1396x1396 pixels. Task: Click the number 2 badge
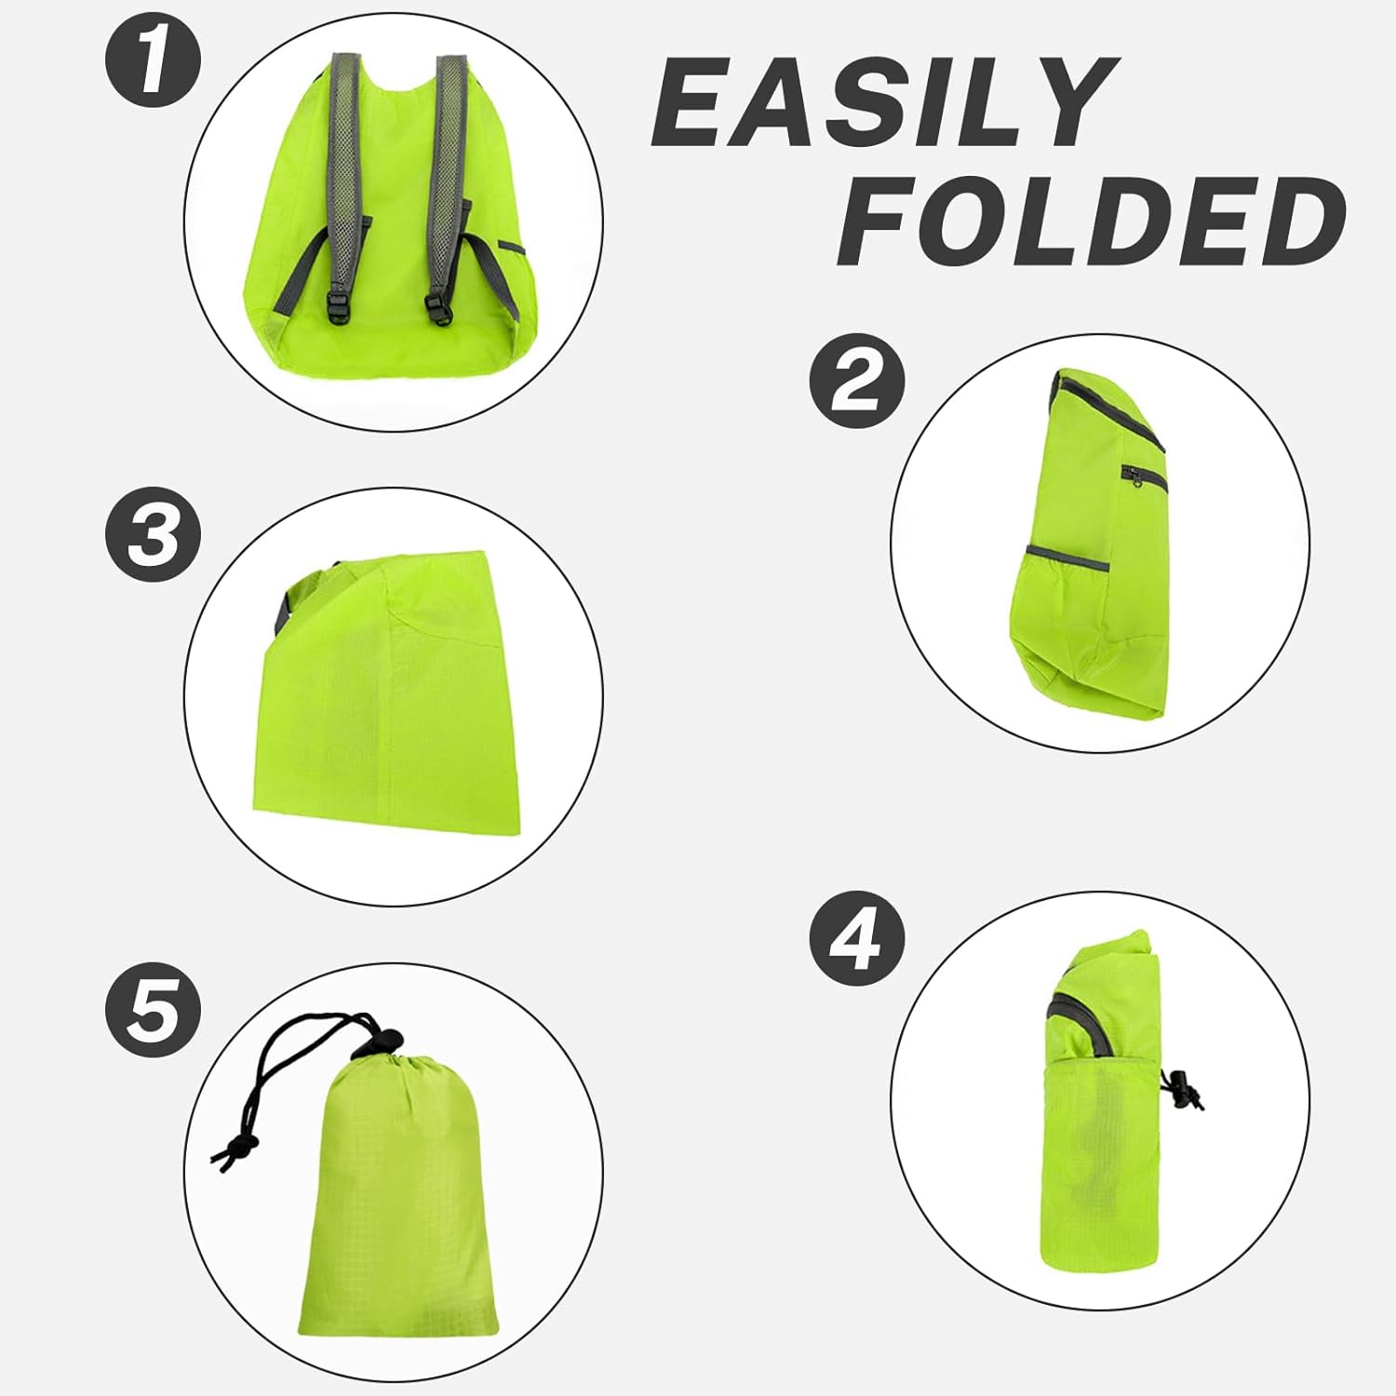(x=856, y=381)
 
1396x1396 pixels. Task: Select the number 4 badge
(x=856, y=940)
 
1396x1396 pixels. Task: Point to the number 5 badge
(x=153, y=1011)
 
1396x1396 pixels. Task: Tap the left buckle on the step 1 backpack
(x=339, y=307)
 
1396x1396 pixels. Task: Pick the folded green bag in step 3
(x=391, y=707)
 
